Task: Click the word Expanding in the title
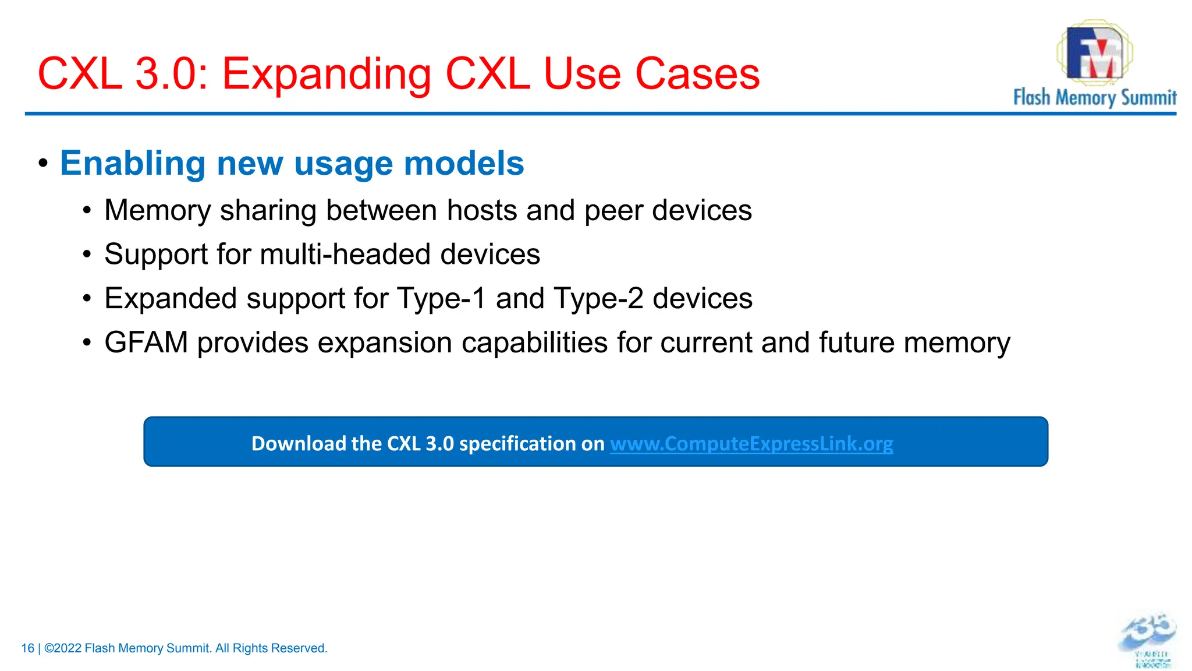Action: pos(325,75)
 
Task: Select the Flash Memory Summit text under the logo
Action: pos(1094,97)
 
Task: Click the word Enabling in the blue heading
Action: pos(132,163)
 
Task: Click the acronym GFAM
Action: pos(146,342)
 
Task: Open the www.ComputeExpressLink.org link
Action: pos(751,444)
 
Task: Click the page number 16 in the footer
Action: pos(27,648)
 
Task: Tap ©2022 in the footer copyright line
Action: pos(62,648)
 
